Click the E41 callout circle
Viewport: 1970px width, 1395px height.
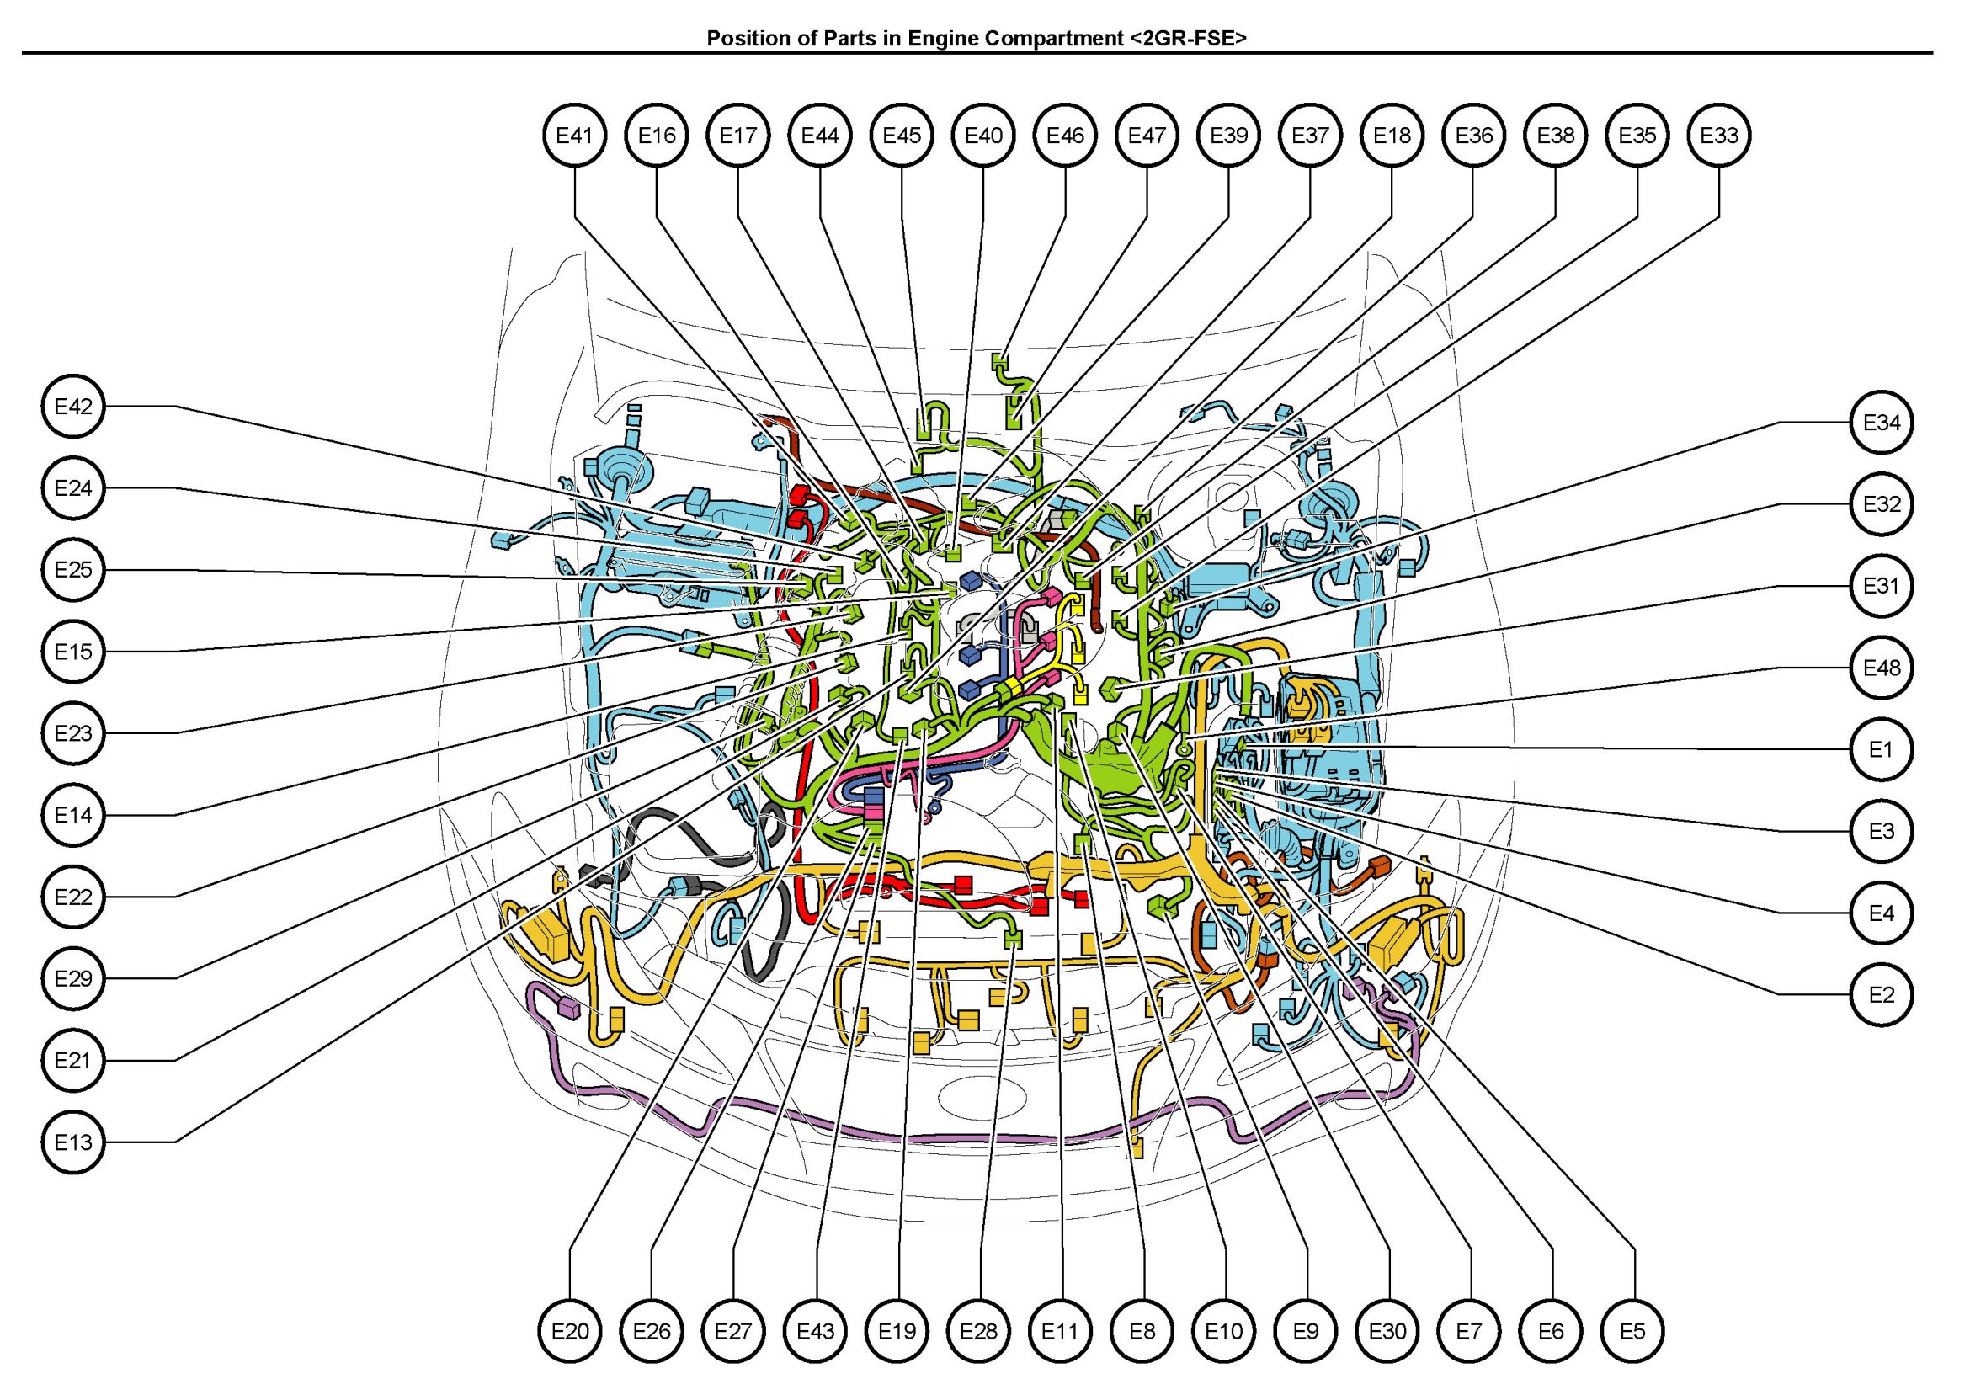(x=574, y=135)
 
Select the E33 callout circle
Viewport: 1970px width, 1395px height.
(x=1718, y=135)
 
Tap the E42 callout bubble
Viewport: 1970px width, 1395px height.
(x=73, y=407)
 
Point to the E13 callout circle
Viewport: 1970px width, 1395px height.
(x=73, y=1142)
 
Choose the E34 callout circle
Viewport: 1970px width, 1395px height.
(x=1881, y=423)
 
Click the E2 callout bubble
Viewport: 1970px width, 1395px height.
(x=1881, y=995)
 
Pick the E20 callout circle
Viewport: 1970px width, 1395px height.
(x=570, y=1330)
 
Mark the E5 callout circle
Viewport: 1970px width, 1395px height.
(x=1632, y=1330)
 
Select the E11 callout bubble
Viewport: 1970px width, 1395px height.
(x=1060, y=1330)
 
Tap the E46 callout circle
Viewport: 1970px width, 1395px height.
(x=1065, y=135)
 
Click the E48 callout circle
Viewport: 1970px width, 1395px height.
(x=1881, y=668)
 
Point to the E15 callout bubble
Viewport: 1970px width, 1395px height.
(x=73, y=651)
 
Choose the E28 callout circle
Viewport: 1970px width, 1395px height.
(x=978, y=1330)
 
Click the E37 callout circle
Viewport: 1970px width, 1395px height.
(x=1311, y=135)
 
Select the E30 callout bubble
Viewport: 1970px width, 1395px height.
(x=1387, y=1330)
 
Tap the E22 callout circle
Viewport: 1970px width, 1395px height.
(x=73, y=897)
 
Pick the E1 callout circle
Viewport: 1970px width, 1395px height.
(x=1881, y=749)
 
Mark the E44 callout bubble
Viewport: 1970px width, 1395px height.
(x=820, y=135)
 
